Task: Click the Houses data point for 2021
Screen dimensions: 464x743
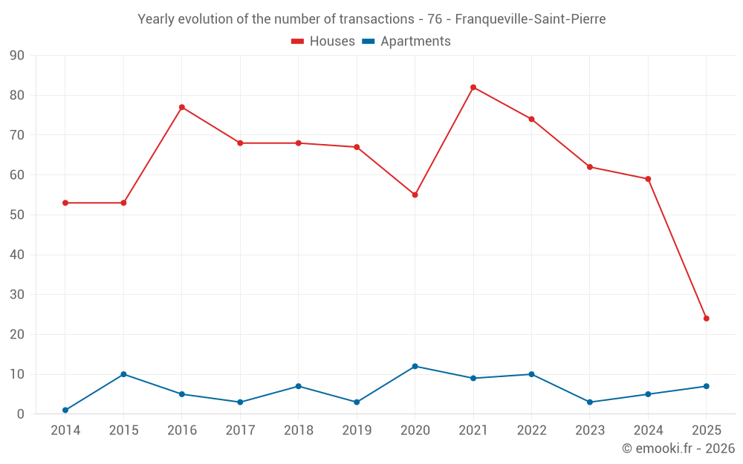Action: pos(473,88)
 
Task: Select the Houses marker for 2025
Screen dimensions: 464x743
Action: pos(706,318)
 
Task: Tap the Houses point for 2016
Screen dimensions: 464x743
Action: pos(182,107)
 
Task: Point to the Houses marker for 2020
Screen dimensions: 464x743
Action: pos(415,195)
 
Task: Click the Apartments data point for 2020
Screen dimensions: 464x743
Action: pos(415,366)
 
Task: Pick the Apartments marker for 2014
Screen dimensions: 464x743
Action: pos(65,410)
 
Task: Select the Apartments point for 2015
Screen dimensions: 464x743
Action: pos(123,374)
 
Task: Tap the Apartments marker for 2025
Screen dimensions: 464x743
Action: pos(706,386)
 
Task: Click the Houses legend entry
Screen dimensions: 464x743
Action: pos(323,42)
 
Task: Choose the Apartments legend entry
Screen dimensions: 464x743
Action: pos(406,42)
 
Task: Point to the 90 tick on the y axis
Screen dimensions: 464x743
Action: pos(17,56)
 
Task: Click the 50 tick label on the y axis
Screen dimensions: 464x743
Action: pos(17,215)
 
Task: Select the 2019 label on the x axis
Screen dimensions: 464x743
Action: pos(357,431)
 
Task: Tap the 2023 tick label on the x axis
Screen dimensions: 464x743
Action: pos(589,431)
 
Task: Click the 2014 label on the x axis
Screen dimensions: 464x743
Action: pos(65,431)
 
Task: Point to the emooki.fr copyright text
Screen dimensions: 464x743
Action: pos(678,448)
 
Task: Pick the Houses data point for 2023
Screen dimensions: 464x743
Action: pos(589,167)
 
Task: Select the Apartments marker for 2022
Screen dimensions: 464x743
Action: pos(531,374)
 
